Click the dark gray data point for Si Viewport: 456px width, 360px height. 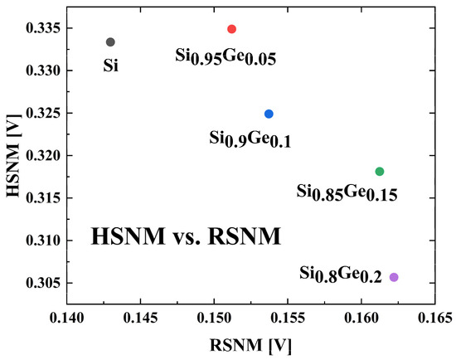110,41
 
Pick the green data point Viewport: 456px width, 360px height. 380,172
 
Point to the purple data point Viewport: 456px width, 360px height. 394,277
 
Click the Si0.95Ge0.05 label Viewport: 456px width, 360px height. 225,56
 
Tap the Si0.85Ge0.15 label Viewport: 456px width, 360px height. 347,192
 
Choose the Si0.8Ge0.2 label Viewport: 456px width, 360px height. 340,275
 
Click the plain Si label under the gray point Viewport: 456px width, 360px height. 110,66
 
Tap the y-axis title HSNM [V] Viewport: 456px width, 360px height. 12,154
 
